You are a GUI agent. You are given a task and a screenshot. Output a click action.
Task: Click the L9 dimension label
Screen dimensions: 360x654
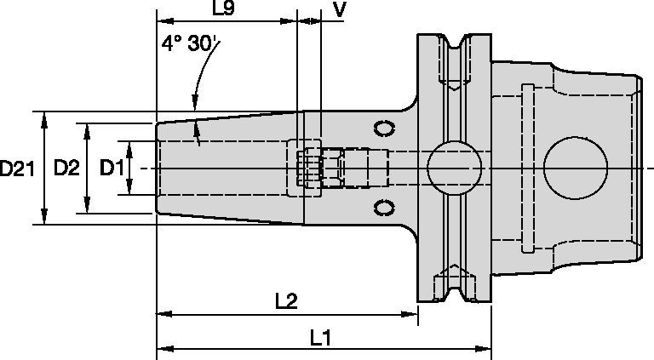224,9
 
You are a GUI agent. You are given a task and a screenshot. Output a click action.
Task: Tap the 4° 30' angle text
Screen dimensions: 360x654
186,45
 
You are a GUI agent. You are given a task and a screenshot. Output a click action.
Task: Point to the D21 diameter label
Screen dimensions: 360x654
17,169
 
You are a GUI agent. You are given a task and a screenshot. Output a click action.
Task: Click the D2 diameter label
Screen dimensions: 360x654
66,169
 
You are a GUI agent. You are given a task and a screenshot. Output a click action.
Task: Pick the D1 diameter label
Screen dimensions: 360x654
112,169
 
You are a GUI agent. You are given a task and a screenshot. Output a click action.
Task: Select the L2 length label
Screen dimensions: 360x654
286,301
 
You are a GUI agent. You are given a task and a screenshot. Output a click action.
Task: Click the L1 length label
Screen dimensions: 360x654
320,337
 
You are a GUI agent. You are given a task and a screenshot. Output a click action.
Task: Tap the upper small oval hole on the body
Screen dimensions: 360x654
386,129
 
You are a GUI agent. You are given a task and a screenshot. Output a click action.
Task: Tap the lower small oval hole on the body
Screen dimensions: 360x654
386,207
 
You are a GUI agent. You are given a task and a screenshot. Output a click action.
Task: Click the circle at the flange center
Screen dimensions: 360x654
452,168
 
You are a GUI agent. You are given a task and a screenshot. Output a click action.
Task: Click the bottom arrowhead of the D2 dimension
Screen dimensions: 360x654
86,209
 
